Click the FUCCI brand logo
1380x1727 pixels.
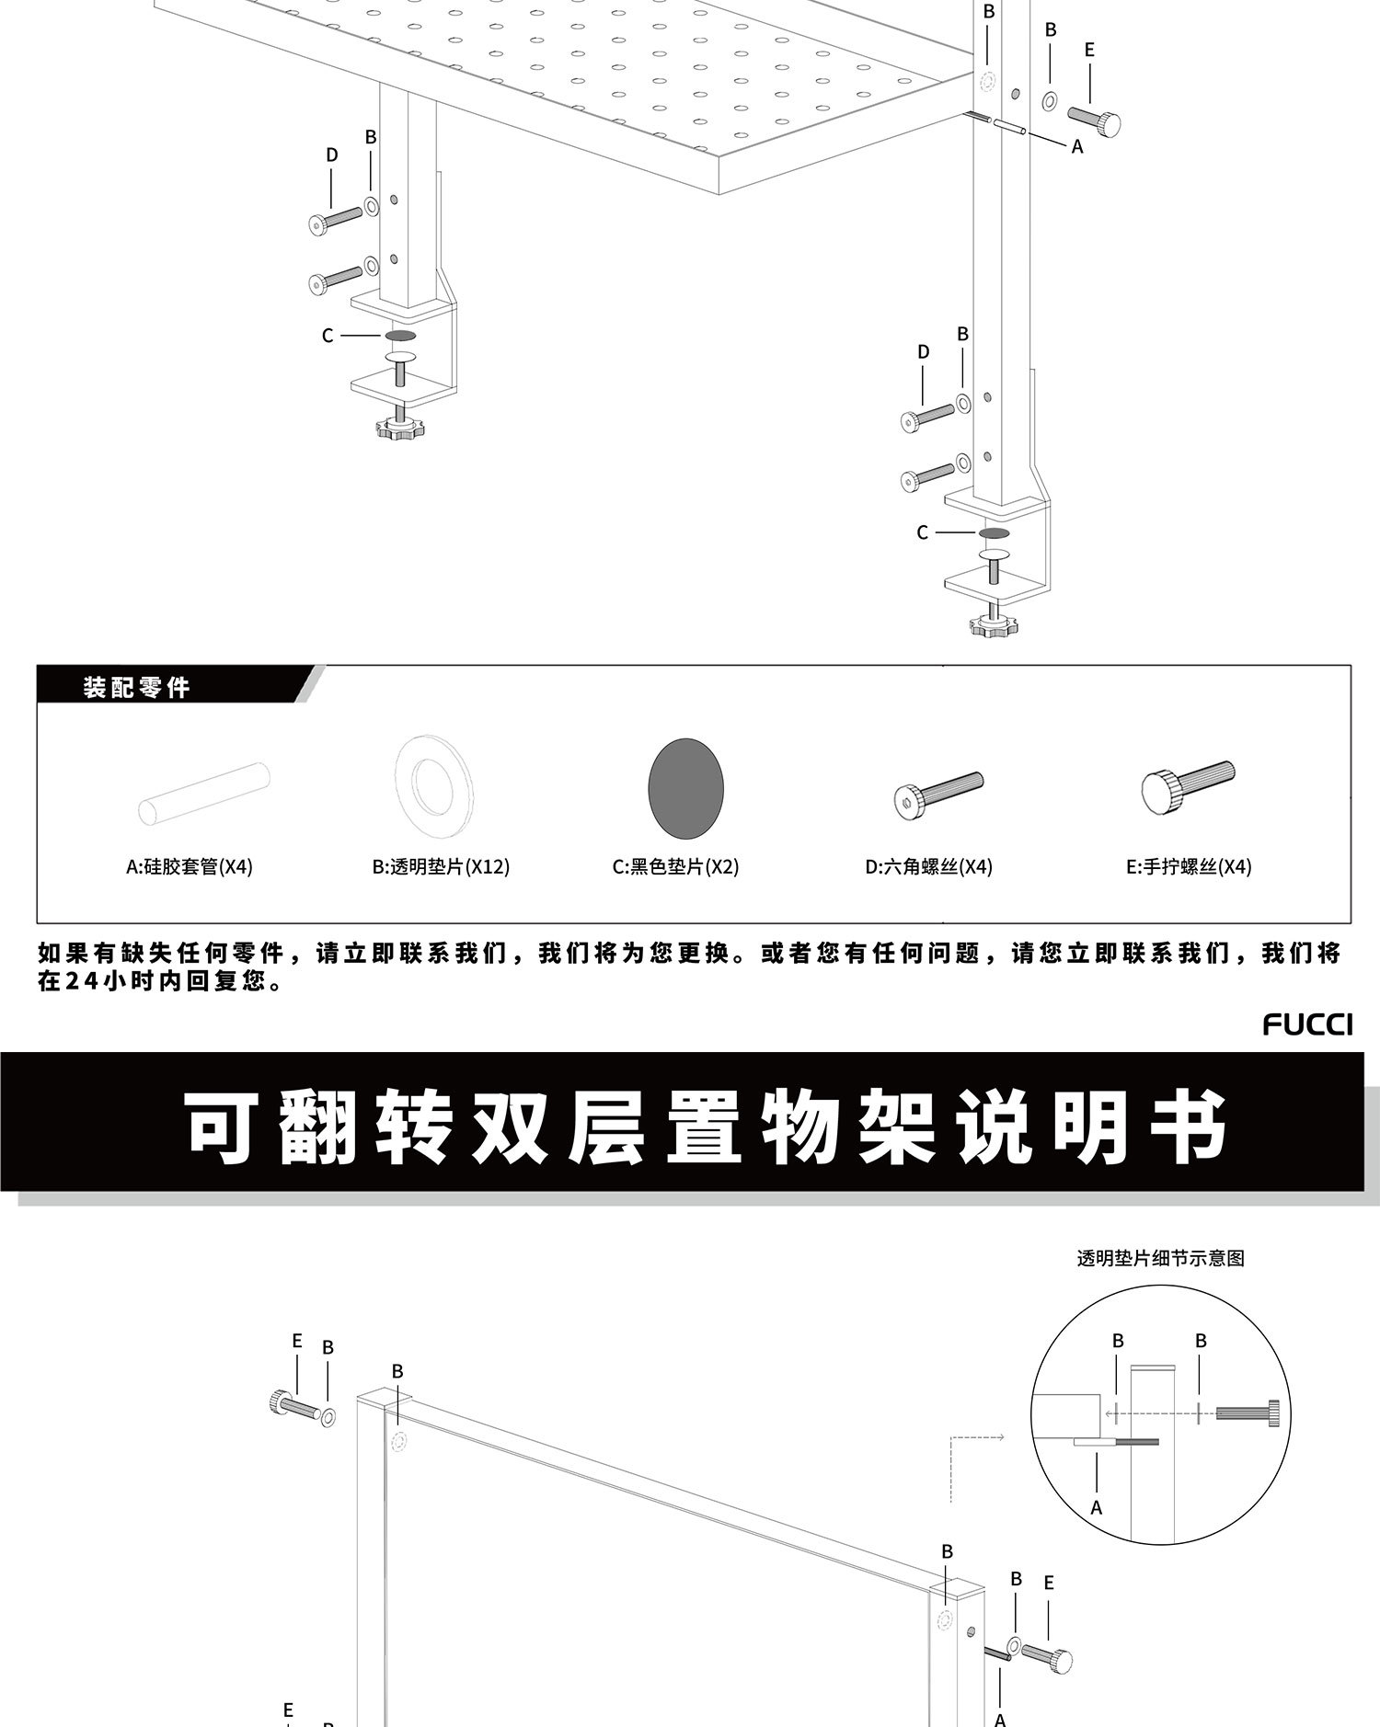[1306, 1024]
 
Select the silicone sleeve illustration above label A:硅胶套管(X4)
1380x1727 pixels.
[203, 794]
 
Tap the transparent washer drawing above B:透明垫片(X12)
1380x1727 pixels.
[432, 785]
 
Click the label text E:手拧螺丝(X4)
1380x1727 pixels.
[1188, 866]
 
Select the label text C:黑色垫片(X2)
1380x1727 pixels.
[675, 866]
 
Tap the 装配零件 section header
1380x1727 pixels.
[136, 687]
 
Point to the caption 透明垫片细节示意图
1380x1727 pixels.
[1160, 1258]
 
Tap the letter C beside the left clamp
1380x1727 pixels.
[328, 337]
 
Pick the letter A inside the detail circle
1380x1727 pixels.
[1096, 1508]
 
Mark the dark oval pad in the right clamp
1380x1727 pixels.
[994, 533]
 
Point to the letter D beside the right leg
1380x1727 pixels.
[923, 352]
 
